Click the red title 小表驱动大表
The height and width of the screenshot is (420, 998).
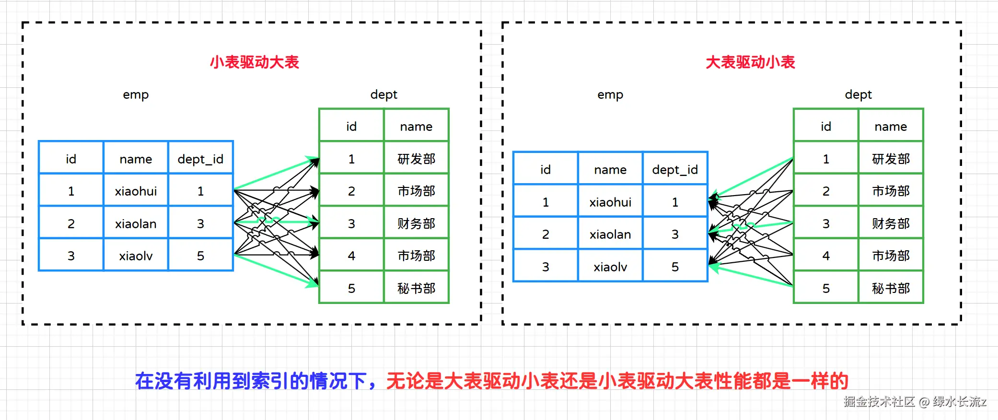pos(254,62)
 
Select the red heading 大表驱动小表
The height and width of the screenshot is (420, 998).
pos(750,62)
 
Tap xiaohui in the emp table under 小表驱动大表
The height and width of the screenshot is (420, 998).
pos(136,191)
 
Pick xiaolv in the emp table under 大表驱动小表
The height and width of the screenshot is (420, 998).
pos(610,267)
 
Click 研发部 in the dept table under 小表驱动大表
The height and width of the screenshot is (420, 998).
pos(416,159)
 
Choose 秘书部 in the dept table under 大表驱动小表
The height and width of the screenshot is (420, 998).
pos(891,289)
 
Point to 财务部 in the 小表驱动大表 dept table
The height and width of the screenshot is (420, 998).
pos(416,224)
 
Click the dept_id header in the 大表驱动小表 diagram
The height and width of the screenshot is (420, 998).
pos(675,170)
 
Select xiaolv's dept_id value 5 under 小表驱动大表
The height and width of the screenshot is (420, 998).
pos(200,256)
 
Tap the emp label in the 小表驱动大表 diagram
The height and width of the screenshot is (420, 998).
pos(136,94)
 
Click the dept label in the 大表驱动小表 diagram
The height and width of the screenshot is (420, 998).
pos(858,94)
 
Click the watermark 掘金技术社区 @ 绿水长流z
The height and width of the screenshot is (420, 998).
pos(915,402)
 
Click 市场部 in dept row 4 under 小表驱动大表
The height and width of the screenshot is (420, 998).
pos(416,256)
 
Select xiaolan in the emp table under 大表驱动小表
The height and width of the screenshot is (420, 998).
pos(610,234)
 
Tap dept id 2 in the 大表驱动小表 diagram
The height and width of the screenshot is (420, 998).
pos(826,191)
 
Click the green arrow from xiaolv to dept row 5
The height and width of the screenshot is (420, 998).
pos(276,270)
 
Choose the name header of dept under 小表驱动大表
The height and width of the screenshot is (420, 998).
pos(416,127)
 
